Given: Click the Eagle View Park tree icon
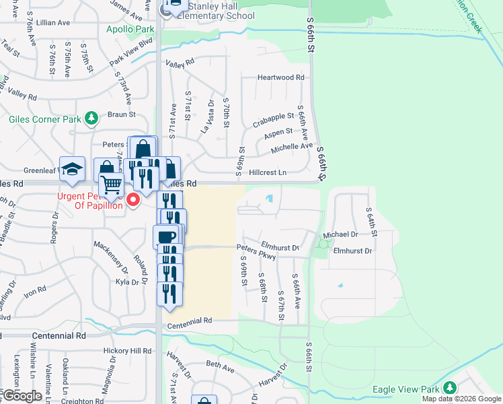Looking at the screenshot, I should tap(449, 389).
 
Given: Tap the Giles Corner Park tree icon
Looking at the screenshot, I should tap(91, 119).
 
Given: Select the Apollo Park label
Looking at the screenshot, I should tap(130, 30).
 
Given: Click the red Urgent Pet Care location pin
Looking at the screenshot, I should tap(133, 199).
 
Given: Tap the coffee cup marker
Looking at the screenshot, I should tap(166, 236).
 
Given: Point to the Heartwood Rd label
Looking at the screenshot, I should tap(280, 77).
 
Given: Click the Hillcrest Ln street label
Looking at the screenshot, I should tap(268, 172).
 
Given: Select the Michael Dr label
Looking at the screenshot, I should tap(340, 234).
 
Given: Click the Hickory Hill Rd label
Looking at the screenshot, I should tap(127, 351).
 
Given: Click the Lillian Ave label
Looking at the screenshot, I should tap(54, 22).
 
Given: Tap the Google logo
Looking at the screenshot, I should tap(22, 396).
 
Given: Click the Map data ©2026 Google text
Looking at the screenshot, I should tap(461, 399).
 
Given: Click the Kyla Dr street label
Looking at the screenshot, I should tap(127, 282).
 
